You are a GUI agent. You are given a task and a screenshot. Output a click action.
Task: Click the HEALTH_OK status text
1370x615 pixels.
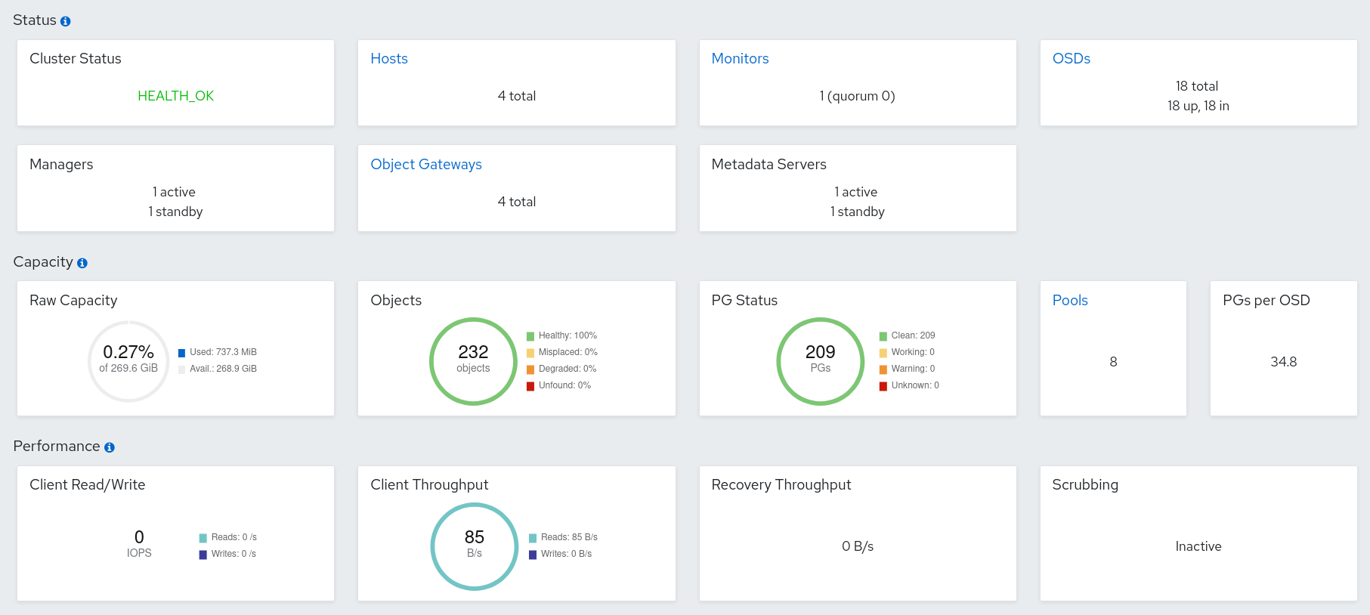[x=175, y=96]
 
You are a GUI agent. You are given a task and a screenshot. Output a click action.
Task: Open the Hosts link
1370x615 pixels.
[x=388, y=59]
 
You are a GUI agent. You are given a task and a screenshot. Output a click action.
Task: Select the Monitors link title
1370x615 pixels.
[x=740, y=59]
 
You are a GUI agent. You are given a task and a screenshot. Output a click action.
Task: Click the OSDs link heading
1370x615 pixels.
[x=1071, y=59]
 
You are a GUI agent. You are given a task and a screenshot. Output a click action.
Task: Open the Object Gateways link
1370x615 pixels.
[x=425, y=165]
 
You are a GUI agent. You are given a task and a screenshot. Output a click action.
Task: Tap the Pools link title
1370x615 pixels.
[x=1069, y=301]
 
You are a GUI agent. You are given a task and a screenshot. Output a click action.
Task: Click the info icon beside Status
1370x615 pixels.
[x=66, y=21]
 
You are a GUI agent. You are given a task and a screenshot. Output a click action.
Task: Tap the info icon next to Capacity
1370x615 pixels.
[x=82, y=263]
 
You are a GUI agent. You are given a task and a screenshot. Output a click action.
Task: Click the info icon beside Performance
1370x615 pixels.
[x=110, y=447]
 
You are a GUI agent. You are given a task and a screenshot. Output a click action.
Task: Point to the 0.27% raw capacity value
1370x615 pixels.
[x=128, y=352]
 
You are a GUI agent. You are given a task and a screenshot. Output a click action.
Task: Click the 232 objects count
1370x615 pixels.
[x=473, y=352]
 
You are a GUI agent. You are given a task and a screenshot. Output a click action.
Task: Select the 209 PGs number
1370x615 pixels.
[x=820, y=352]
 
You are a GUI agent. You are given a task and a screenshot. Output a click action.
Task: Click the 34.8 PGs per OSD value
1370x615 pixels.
[x=1283, y=362]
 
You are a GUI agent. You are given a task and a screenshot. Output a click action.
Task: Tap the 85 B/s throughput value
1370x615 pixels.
[x=474, y=537]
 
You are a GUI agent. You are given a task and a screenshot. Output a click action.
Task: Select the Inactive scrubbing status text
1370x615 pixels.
[x=1198, y=546]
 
